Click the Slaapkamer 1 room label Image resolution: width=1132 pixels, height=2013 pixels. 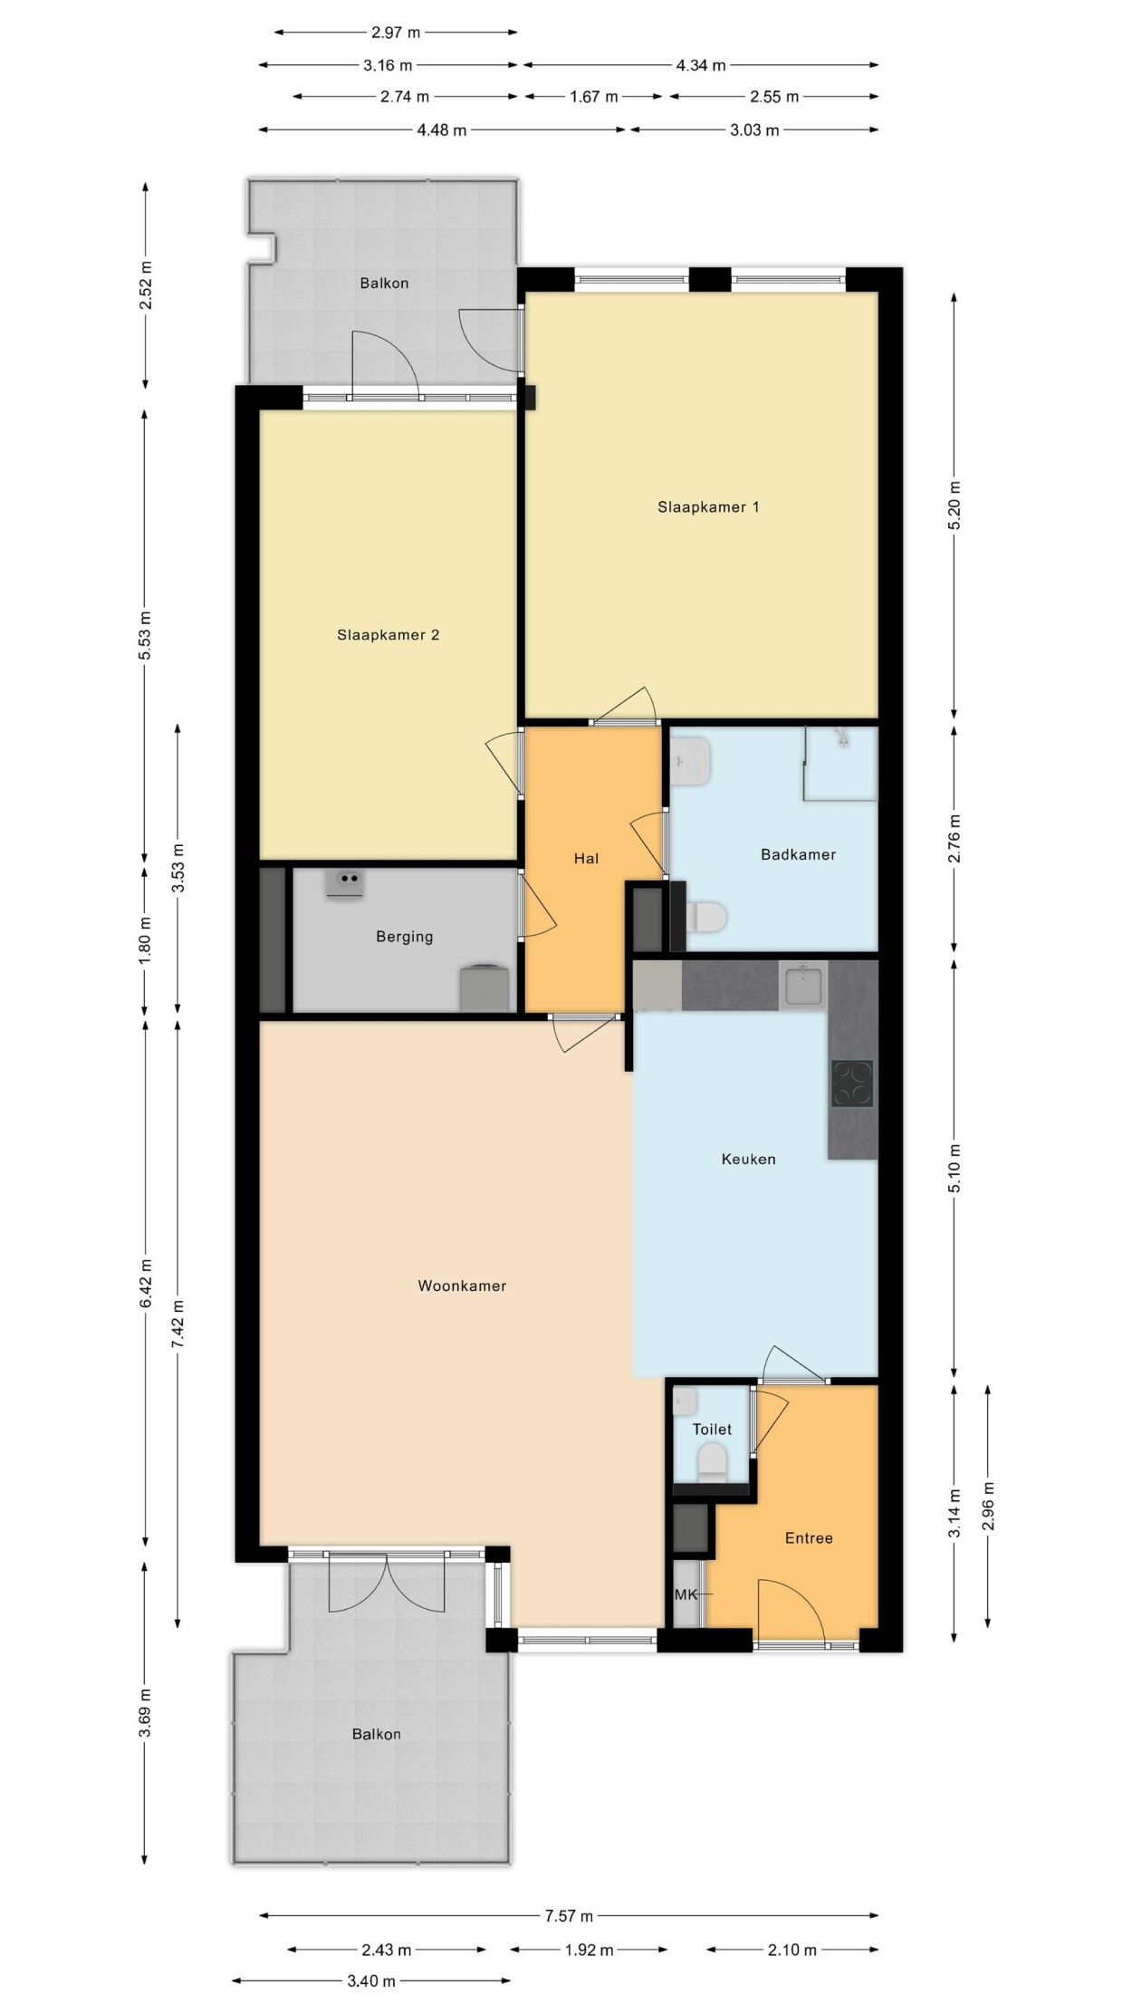pos(708,507)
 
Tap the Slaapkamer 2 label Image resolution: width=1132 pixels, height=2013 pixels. pos(388,635)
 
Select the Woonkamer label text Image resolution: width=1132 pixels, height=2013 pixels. pos(462,1286)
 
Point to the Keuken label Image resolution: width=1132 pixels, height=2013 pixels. pos(748,1159)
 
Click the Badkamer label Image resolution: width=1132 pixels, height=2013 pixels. pos(798,854)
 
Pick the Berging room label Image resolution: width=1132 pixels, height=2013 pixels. pos(404,937)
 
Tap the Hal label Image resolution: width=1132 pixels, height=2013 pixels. pos(586,858)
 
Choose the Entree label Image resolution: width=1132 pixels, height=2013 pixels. pos(809,1537)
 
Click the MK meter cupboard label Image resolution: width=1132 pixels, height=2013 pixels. pos(686,1594)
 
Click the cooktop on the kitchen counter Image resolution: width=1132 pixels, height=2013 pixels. pos(852,1084)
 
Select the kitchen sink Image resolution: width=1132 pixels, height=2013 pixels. pos(803,985)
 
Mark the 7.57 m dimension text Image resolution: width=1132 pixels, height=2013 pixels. pos(569,1915)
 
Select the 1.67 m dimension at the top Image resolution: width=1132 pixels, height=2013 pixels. pos(593,97)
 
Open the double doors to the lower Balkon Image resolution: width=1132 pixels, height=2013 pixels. pos(387,1581)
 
